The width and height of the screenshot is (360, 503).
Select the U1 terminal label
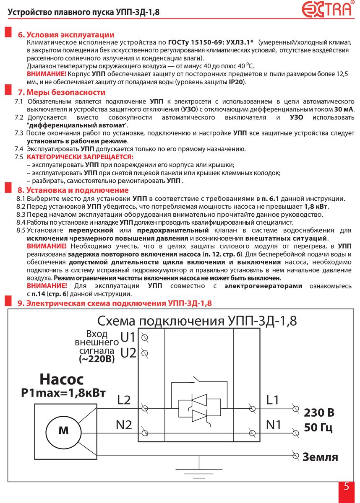128,337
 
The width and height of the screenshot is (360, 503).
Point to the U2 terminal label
128,353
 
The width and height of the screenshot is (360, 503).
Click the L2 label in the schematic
124,400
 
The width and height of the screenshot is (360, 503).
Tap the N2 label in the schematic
124,425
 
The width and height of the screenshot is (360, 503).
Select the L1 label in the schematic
272,400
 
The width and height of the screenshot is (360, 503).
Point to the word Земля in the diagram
320,456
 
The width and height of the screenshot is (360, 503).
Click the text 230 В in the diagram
319,413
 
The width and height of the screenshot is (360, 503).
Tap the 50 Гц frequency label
318,429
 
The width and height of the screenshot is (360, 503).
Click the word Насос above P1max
62,380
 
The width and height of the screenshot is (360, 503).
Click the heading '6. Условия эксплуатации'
66,35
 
